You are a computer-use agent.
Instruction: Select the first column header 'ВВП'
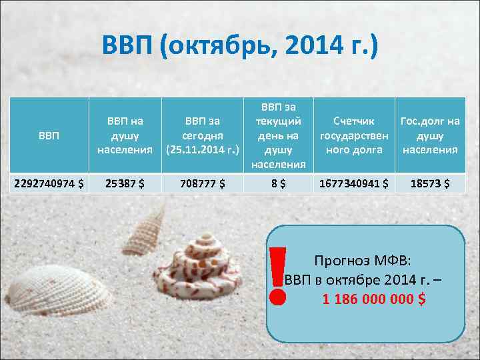[x=48, y=136]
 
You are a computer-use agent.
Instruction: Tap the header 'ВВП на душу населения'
[x=125, y=135]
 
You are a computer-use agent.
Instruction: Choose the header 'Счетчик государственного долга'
[x=354, y=135]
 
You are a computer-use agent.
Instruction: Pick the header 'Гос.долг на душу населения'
[x=430, y=135]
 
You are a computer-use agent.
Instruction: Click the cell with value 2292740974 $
[x=48, y=183]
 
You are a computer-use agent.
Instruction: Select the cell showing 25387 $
[x=125, y=183]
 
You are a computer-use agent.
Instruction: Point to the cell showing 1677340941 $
[x=354, y=183]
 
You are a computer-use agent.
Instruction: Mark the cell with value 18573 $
[x=430, y=183]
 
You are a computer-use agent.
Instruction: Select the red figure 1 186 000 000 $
[x=373, y=299]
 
